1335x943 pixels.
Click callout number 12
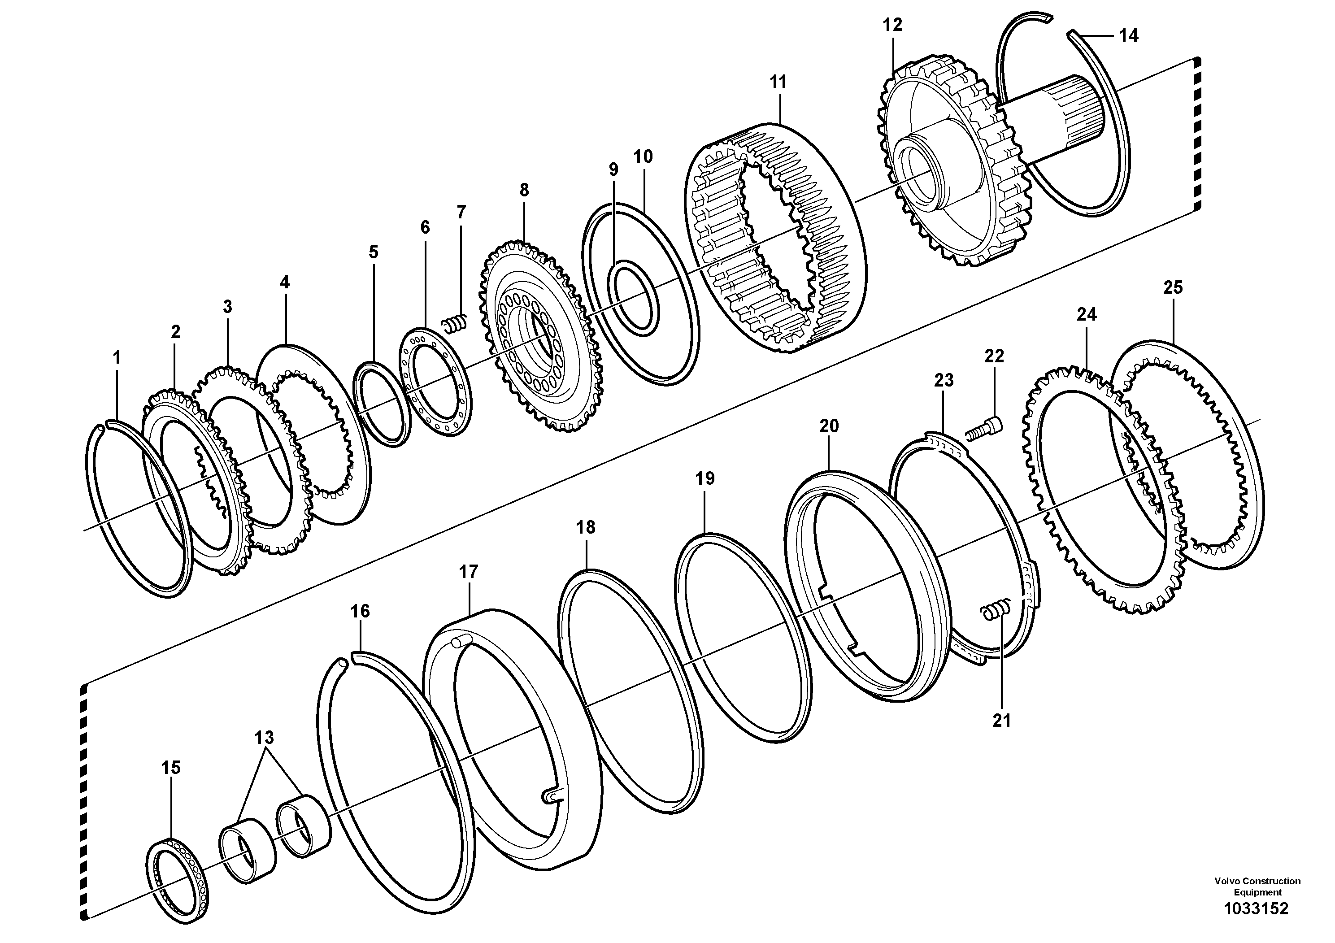892,25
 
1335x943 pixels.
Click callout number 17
468,572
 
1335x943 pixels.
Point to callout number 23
944,380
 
